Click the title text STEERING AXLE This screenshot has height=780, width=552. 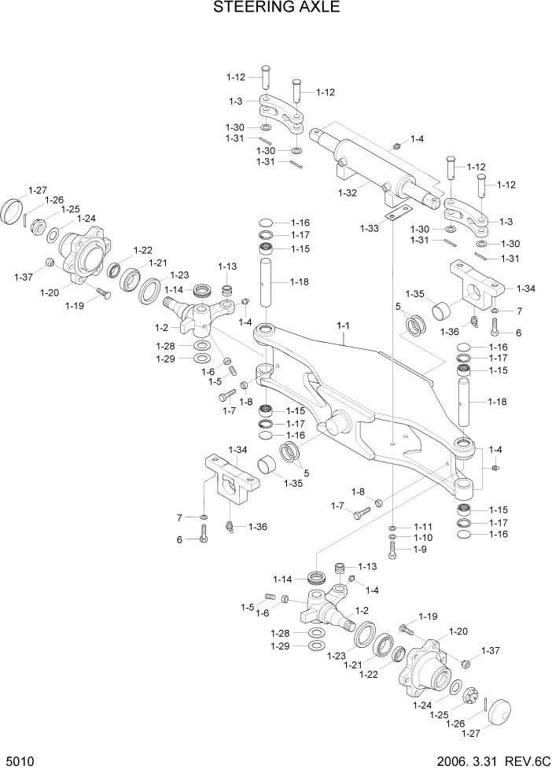click(x=276, y=9)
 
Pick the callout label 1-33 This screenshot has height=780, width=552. click(x=370, y=228)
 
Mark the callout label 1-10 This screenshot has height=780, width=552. click(x=423, y=538)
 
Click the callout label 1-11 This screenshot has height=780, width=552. click(x=423, y=526)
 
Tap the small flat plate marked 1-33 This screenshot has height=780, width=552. click(x=397, y=212)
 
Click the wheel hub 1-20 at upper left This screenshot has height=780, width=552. click(x=85, y=256)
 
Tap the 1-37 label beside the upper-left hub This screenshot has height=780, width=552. click(x=24, y=276)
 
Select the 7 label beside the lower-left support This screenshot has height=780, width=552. click(x=179, y=517)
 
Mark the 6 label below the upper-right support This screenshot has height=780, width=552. click(x=518, y=333)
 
